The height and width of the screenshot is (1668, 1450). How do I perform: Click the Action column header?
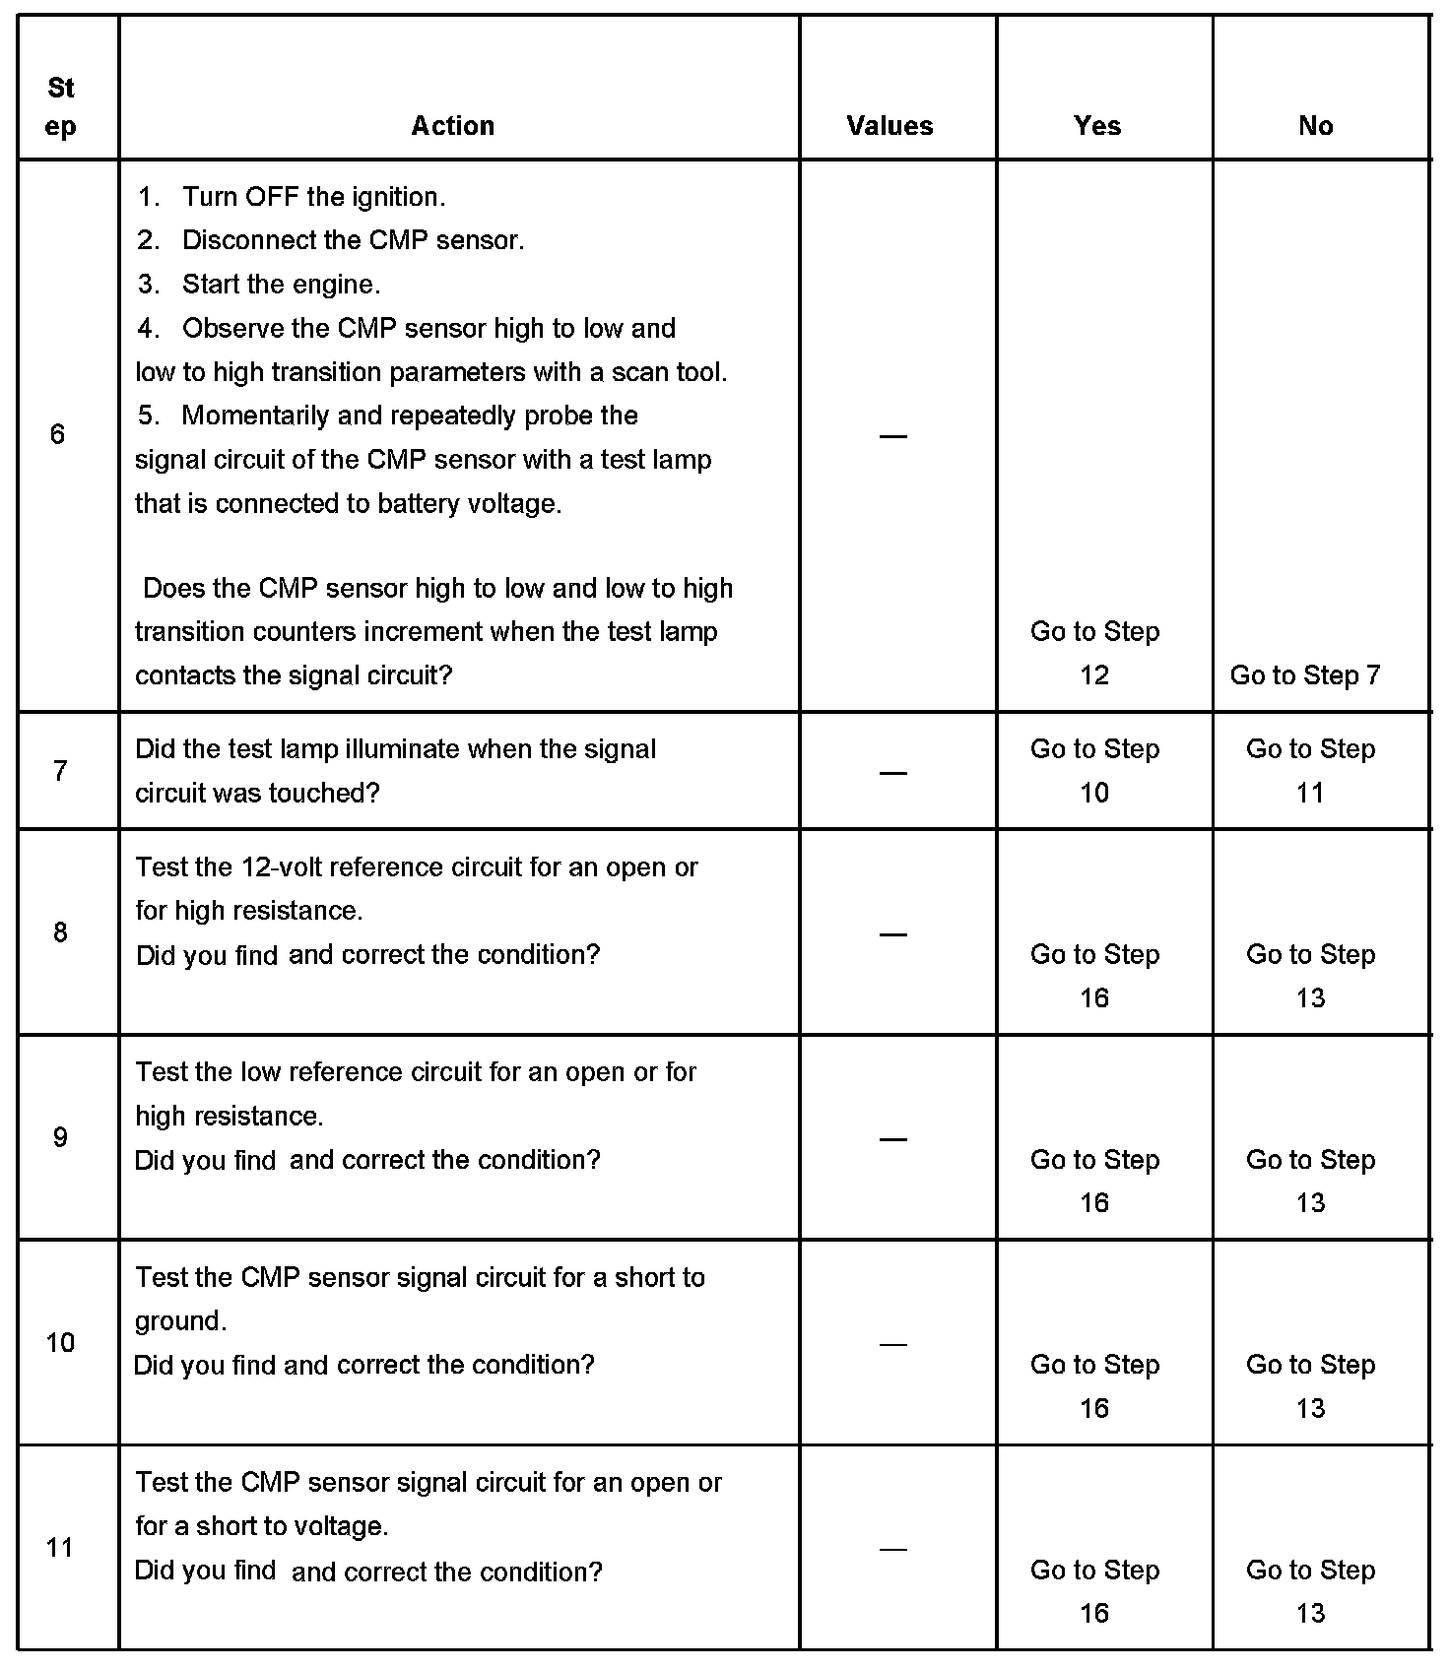(452, 126)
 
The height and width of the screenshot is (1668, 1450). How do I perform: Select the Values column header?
(890, 126)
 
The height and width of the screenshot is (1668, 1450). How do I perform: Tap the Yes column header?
(1096, 126)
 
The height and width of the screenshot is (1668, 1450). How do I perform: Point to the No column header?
(1315, 126)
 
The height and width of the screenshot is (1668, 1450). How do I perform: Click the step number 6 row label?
(58, 434)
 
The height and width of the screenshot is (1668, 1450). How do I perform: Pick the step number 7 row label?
(60, 770)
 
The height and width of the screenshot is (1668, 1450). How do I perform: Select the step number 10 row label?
(60, 1342)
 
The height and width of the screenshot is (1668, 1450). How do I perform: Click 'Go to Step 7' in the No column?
(1304, 675)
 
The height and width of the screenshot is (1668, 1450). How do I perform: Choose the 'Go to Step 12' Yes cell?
(1094, 653)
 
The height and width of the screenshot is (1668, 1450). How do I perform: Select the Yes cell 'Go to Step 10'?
(1094, 770)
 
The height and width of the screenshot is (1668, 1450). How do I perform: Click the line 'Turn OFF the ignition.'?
(313, 197)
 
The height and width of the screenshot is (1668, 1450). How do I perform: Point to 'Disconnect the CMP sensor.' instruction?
(353, 240)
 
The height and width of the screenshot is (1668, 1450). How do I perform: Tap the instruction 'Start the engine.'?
(281, 285)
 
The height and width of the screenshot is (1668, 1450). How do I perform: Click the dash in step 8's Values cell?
(892, 933)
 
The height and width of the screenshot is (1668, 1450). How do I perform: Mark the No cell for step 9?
(1310, 1181)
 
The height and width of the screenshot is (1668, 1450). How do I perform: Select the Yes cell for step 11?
(1094, 1590)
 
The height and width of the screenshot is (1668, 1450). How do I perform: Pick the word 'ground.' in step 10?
(181, 1321)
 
